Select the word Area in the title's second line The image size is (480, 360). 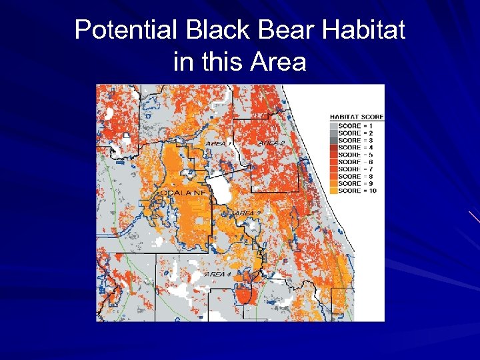[278, 62]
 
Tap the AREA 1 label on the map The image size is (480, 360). [219, 143]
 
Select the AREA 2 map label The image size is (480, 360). [271, 143]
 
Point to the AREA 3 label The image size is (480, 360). [246, 213]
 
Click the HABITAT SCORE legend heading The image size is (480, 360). [357, 117]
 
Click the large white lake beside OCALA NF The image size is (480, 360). [219, 189]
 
